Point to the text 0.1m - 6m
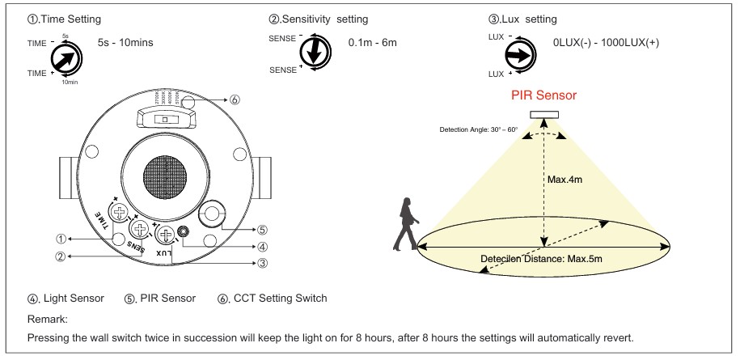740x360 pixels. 370,42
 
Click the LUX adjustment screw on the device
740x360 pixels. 166,236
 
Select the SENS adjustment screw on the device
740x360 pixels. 143,228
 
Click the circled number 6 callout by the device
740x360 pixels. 235,100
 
